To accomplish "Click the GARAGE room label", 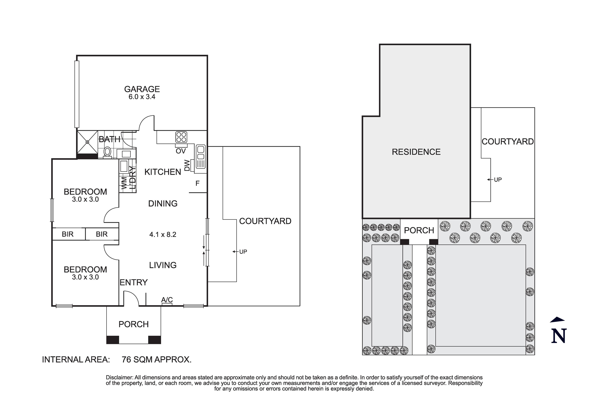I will point(142,89).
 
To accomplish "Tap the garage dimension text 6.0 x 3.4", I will point(142,97).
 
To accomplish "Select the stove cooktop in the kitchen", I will point(181,137).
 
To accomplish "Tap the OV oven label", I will point(181,151).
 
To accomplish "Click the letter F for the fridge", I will point(197,183).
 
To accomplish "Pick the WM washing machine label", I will point(124,183).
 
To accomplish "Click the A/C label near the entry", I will point(167,299).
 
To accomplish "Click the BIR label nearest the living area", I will point(102,234).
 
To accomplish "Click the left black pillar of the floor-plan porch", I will point(113,340).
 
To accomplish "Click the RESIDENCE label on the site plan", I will point(416,152).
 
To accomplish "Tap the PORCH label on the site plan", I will point(419,230).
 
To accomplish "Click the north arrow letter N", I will point(559,336).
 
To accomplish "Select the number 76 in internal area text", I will point(126,360).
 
